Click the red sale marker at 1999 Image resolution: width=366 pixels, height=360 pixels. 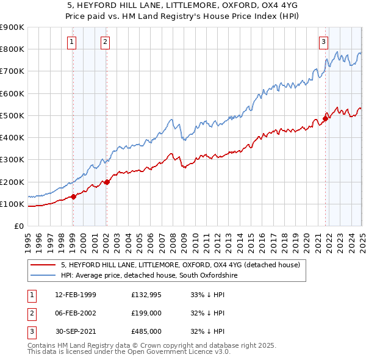(73, 196)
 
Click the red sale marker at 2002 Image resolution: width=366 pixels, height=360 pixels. (106, 182)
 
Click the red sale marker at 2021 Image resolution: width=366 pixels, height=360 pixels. (325, 118)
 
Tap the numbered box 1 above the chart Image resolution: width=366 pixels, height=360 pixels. (72, 42)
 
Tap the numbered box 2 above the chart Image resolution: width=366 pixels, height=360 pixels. (106, 42)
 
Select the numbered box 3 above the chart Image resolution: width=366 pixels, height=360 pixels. (323, 42)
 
